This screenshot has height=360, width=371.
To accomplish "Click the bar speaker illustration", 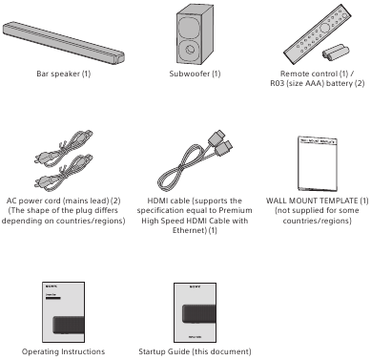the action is coord(64,43).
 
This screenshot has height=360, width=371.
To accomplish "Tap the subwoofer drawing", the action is coord(195,35).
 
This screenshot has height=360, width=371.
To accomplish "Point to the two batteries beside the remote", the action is coord(336,53).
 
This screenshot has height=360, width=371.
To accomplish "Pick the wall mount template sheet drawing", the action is coord(318,163).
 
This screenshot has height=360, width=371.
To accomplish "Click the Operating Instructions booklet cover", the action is coord(64,312).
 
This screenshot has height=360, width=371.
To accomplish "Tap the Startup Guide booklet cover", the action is coord(195,312).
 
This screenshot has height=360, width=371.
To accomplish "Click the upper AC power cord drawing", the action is coord(64,147).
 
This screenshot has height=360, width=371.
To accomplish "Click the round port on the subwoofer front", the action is coord(190,50).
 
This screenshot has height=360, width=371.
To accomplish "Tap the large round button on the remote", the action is coord(325,28).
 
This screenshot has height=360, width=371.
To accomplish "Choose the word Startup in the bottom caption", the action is coord(151,352).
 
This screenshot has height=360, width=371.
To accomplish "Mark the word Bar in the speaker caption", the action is coord(42,74).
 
